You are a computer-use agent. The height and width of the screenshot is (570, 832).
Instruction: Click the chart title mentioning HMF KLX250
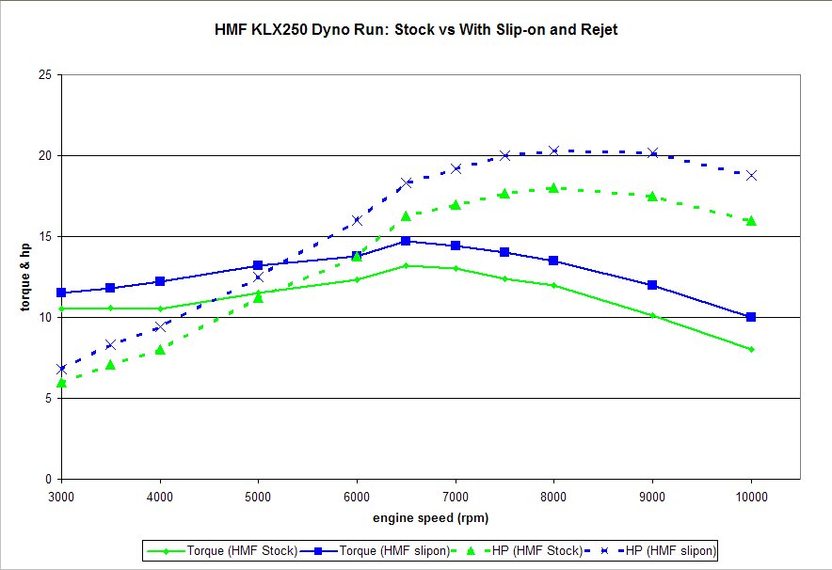(x=416, y=29)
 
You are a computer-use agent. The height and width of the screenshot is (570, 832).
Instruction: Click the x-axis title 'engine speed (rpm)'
(x=430, y=517)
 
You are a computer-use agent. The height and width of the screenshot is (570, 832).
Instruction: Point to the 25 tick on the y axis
(x=45, y=74)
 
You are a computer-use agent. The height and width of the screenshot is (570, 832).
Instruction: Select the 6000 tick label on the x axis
(x=357, y=494)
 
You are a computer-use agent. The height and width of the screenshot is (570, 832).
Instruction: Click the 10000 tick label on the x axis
(x=750, y=494)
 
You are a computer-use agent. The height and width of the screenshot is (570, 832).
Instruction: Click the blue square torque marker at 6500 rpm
(x=406, y=241)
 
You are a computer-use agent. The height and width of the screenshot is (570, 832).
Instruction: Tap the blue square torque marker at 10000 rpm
(x=751, y=317)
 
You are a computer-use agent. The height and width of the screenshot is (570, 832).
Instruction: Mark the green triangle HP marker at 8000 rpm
(x=553, y=188)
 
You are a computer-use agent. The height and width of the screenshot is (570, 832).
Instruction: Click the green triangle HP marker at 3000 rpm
(x=61, y=382)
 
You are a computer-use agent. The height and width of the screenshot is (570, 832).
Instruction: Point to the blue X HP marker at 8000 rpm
(x=553, y=150)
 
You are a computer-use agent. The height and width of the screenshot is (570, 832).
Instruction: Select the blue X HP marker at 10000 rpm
(x=751, y=175)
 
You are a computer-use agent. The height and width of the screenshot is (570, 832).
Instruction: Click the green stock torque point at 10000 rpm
(x=751, y=349)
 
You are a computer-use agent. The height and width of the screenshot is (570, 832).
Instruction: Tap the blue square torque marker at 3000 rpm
(x=61, y=293)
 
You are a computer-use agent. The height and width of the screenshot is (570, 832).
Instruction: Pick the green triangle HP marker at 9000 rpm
(x=652, y=196)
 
